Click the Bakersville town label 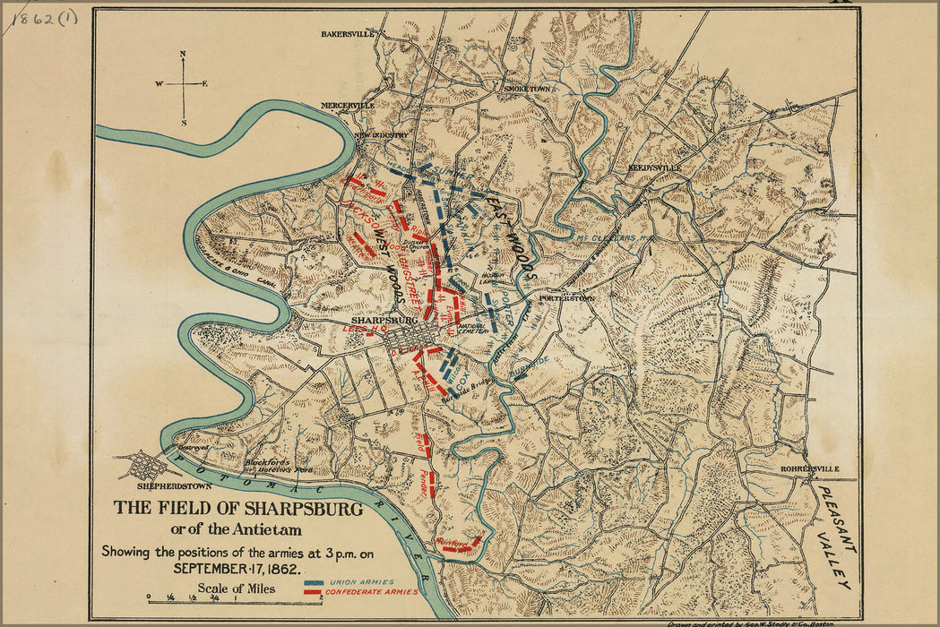347,34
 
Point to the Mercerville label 349,106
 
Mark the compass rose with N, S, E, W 183,86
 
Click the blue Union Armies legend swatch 314,582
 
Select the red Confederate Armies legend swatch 314,593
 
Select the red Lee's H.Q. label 357,330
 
